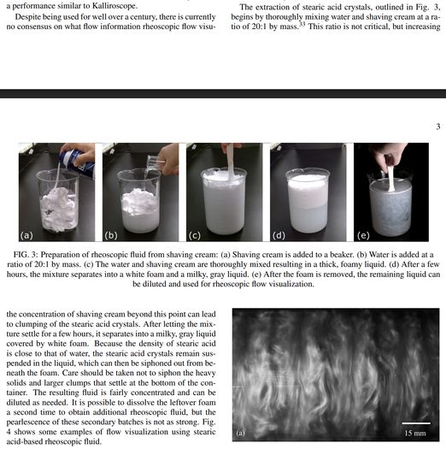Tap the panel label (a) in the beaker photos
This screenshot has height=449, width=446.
[26, 236]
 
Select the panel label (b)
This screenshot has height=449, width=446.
[111, 236]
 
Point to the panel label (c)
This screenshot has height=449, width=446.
[194, 236]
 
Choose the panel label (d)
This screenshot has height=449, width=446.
[279, 236]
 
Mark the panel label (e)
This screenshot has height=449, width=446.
[363, 236]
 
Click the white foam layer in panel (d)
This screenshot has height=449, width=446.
[308, 191]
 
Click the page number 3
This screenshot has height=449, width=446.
[438, 127]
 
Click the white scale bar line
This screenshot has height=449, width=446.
[416, 423]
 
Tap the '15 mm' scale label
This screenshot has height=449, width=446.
[415, 434]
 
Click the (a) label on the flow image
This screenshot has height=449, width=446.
[240, 433]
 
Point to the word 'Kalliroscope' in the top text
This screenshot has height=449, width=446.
[114, 5]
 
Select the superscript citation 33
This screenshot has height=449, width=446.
[302, 24]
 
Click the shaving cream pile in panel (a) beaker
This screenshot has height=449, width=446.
[58, 207]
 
